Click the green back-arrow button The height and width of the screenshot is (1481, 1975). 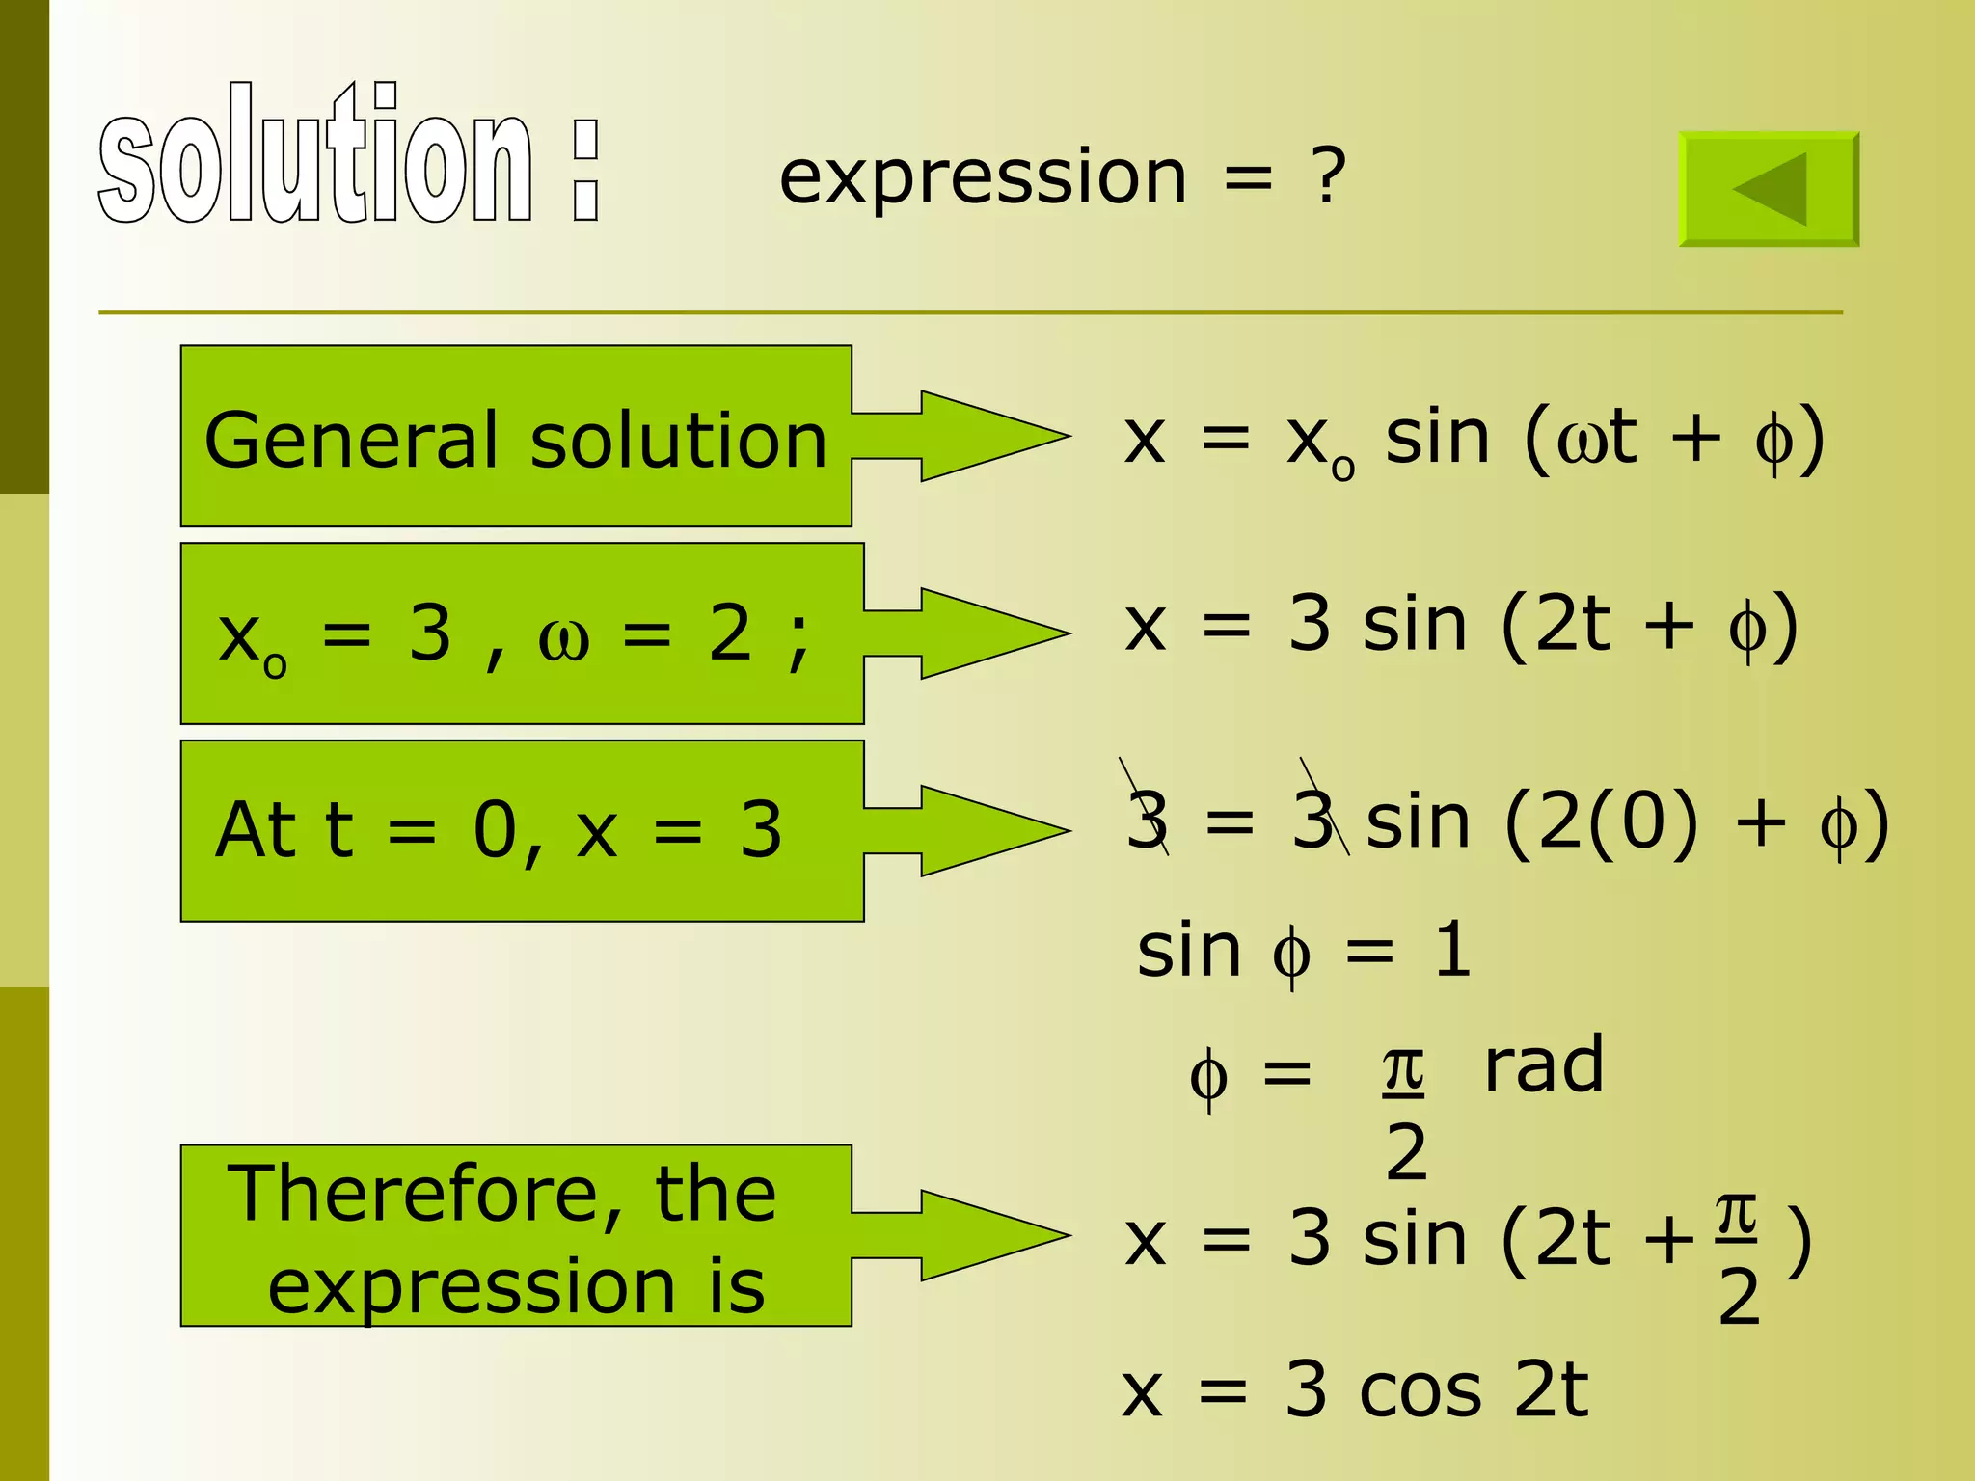1769,189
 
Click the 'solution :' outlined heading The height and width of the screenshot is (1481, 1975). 349,154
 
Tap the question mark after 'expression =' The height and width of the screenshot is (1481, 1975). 1328,176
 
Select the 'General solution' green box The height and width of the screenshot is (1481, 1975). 516,436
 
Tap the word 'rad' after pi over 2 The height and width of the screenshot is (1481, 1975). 1543,1065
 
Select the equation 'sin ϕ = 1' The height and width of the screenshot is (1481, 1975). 1304,952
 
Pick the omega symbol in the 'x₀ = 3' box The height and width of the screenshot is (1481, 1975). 563,637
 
